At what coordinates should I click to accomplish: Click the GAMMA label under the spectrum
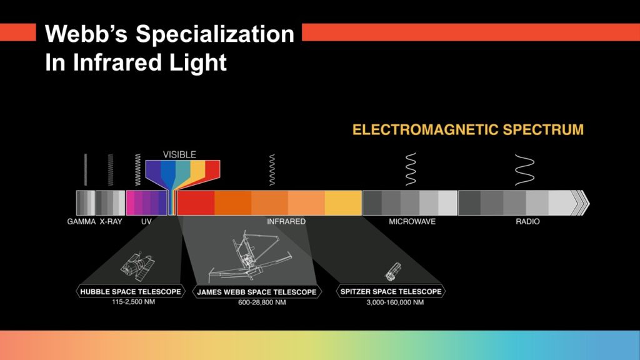coord(81,222)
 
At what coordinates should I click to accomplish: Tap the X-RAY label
coord(111,222)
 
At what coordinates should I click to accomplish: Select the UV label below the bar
coord(146,222)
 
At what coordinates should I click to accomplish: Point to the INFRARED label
coord(286,222)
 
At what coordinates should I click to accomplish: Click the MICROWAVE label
coord(412,222)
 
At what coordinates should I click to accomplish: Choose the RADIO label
coord(527,222)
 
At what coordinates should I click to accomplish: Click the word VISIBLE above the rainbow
coord(179,155)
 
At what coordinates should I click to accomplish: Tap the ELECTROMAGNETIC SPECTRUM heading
coord(468,130)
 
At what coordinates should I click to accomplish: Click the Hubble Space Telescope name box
coord(131,291)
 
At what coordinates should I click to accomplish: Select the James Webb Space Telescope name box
coord(257,292)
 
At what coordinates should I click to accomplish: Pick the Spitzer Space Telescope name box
coord(391,291)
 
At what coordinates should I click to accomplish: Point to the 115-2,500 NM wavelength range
coord(134,302)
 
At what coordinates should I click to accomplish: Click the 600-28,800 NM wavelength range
coord(262,302)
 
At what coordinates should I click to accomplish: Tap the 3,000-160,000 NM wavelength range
coord(395,302)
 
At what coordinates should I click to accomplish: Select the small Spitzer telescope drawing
coord(392,272)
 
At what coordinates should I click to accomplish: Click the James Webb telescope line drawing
coord(250,257)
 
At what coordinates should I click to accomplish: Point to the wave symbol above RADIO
coord(524,170)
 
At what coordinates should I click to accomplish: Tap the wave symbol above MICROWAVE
coord(411,169)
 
